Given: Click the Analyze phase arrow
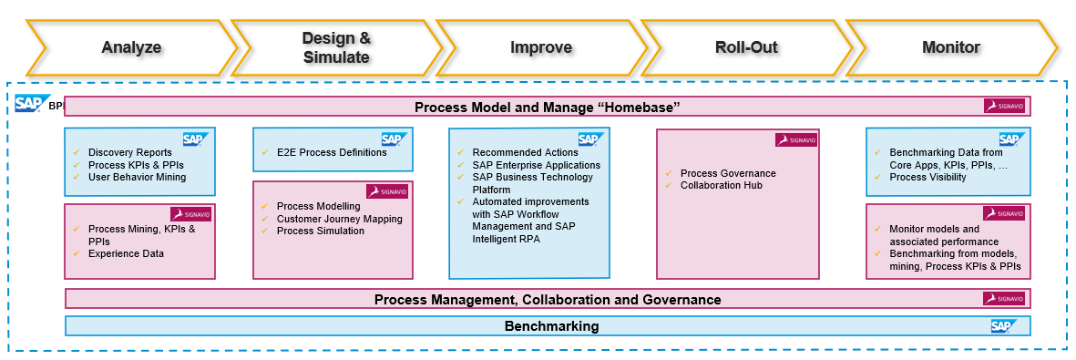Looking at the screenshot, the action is pos(131,47).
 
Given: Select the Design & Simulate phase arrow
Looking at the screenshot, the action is pos(336,47).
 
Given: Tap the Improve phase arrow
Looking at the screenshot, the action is pos(541,47).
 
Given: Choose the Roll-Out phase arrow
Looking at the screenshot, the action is pos(746,47).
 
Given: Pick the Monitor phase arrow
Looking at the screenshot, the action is pos(951,47).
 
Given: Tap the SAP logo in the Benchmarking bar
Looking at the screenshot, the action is pos(1004,325).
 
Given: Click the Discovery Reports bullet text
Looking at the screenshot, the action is pos(129,152).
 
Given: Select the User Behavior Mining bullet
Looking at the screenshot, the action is pos(138,177).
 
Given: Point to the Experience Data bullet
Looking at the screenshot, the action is pos(127,253).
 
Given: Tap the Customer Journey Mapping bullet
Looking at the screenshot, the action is pos(340,219).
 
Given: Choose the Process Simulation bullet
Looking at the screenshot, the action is pos(321,231).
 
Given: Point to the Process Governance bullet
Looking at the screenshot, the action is pos(728,173).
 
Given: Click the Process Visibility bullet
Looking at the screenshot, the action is pos(927,177).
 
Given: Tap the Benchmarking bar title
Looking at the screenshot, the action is pos(552,325).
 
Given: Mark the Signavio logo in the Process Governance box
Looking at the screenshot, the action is pos(796,140).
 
